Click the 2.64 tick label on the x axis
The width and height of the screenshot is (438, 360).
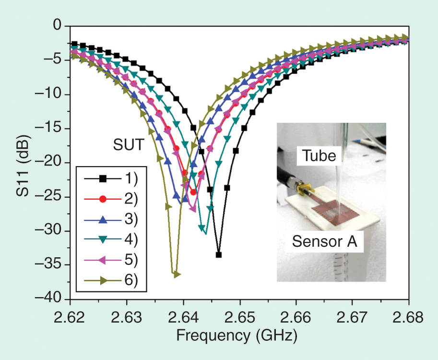tap(183, 317)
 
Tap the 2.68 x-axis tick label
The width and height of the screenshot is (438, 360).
tap(408, 317)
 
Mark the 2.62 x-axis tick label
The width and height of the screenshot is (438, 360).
tap(71, 317)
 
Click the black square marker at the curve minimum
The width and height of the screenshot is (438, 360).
tap(219, 255)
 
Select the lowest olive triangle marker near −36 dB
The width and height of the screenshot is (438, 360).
tap(177, 275)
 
